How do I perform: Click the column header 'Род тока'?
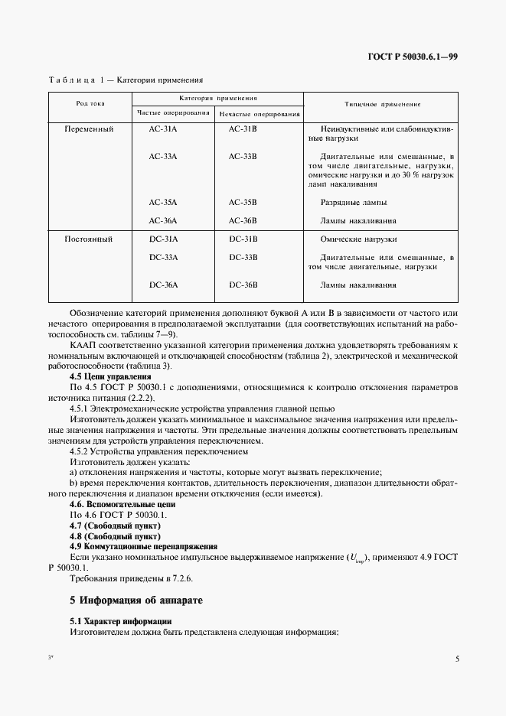90,103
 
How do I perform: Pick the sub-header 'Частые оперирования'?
173,113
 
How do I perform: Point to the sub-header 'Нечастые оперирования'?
259,114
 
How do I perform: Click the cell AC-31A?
163,129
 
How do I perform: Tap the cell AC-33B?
243,156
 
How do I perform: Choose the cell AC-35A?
163,203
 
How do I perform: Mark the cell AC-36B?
243,221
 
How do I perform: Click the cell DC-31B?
243,239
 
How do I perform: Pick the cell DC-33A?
163,257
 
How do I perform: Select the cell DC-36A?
163,285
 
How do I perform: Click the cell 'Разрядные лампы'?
354,203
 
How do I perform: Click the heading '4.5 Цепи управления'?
110,377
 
